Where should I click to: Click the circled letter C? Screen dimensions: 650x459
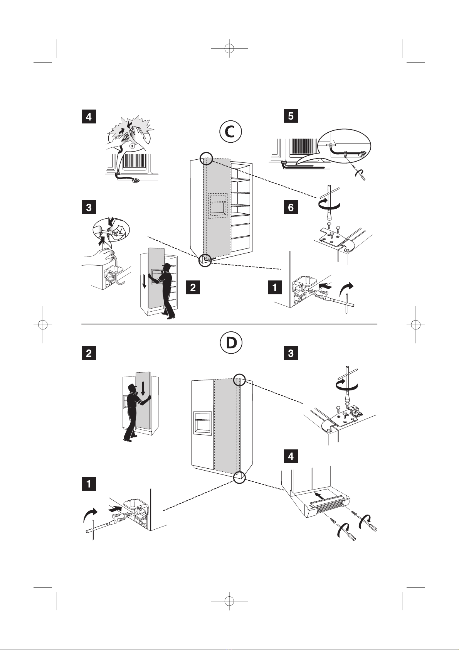pyautogui.click(x=230, y=132)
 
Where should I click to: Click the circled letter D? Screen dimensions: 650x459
pyautogui.click(x=230, y=342)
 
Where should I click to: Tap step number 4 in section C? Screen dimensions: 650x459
pyautogui.click(x=89, y=116)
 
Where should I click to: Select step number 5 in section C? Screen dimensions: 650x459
pyautogui.click(x=291, y=116)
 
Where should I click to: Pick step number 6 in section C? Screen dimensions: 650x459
pyautogui.click(x=291, y=208)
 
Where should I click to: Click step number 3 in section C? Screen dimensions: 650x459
pyautogui.click(x=89, y=208)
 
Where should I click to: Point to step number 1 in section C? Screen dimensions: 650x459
pyautogui.click(x=275, y=287)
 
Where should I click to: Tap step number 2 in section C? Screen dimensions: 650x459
pyautogui.click(x=193, y=287)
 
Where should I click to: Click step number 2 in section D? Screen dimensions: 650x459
pyautogui.click(x=89, y=353)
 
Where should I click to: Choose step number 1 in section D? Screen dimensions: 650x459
pyautogui.click(x=89, y=483)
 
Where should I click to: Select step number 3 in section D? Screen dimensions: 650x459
pyautogui.click(x=291, y=353)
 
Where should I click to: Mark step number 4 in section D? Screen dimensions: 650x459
pyautogui.click(x=291, y=456)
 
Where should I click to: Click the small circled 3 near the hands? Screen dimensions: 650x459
pyautogui.click(x=132, y=146)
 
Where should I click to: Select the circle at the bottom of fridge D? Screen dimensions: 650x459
pyautogui.click(x=239, y=477)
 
